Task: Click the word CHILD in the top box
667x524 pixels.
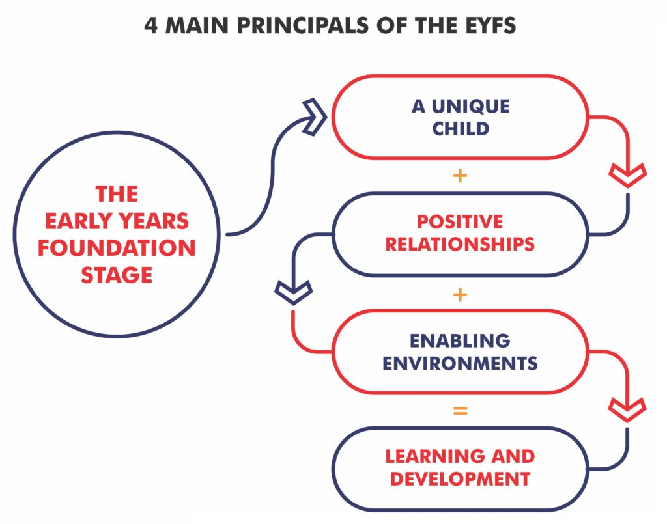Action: click(x=461, y=128)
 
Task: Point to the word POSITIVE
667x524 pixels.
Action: click(x=460, y=221)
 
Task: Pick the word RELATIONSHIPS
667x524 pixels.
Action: click(x=460, y=244)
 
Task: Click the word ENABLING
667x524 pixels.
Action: click(x=460, y=340)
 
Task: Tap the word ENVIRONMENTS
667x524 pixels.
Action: click(x=460, y=363)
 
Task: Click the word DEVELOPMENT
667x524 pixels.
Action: click(x=460, y=479)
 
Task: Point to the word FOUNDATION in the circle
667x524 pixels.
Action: click(x=117, y=248)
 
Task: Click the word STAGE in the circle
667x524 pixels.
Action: click(x=117, y=274)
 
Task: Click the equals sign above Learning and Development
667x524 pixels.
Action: click(x=460, y=411)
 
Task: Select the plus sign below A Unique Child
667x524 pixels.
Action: click(x=460, y=176)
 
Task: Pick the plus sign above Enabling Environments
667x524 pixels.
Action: click(x=460, y=294)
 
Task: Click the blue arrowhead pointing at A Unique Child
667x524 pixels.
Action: click(x=317, y=117)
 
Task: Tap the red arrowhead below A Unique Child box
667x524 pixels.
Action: click(x=627, y=174)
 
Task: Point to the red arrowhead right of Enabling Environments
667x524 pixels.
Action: click(x=627, y=409)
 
